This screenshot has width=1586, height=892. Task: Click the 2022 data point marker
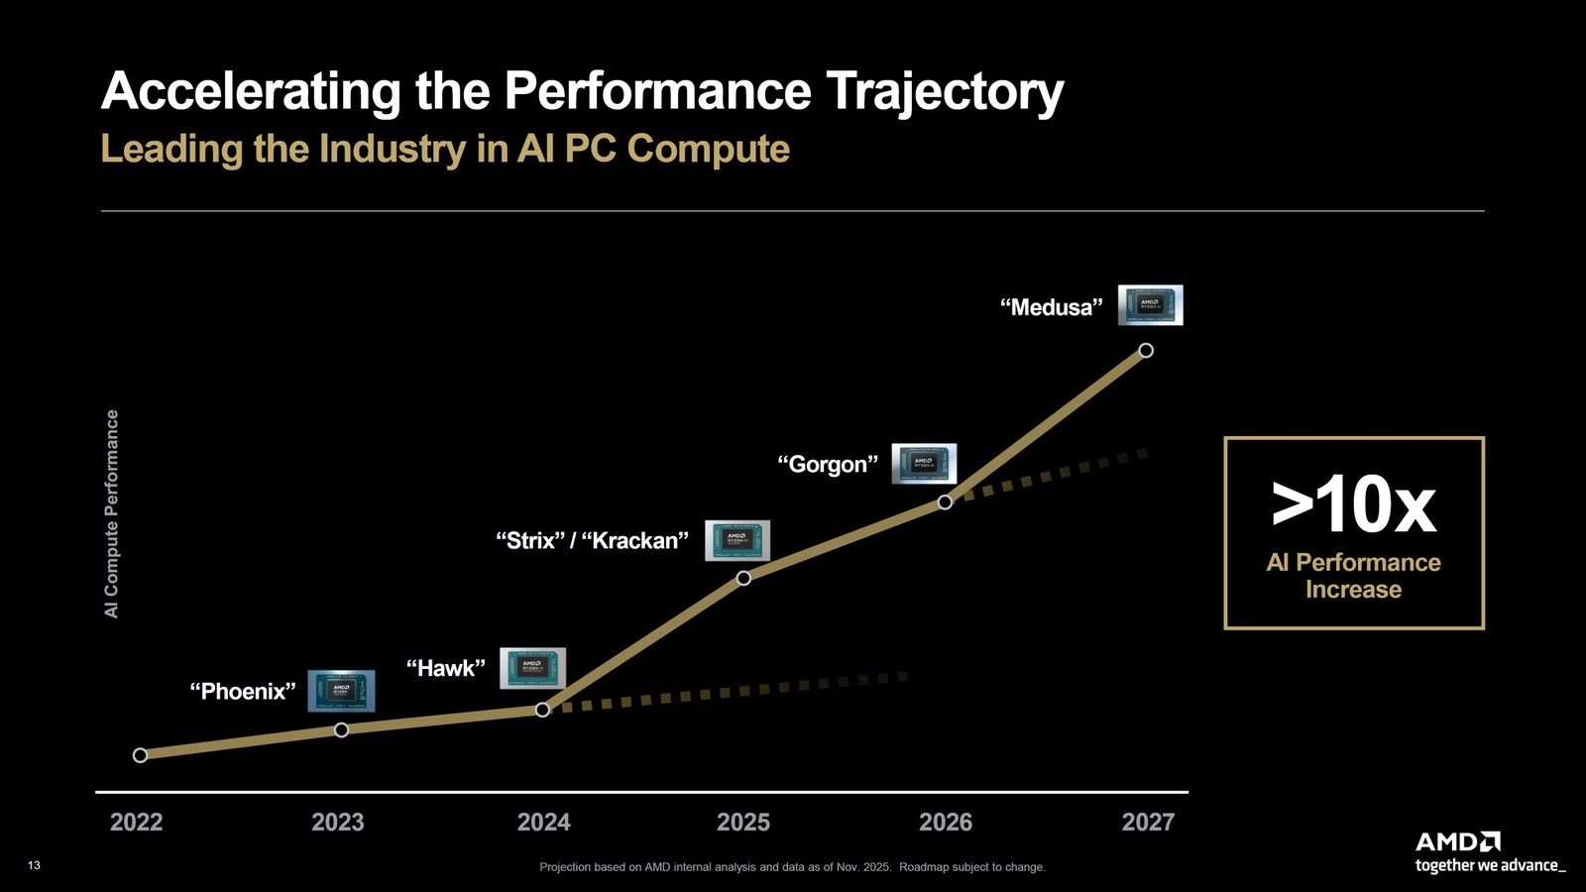click(x=140, y=755)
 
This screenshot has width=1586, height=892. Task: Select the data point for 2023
click(x=341, y=730)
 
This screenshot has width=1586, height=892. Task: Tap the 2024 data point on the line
click(x=542, y=710)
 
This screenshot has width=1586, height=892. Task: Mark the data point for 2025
click(x=743, y=578)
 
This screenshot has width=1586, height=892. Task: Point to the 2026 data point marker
click(x=945, y=502)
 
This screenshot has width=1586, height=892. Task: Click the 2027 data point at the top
click(x=1146, y=351)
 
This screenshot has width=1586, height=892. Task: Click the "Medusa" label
click(x=1051, y=307)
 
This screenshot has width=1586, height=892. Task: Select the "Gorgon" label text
click(x=828, y=464)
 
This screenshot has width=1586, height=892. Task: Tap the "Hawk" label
click(x=446, y=668)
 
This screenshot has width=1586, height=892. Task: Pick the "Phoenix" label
click(x=243, y=691)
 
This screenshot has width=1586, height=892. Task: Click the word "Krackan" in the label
click(x=635, y=540)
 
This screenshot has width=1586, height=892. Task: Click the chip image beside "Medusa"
click(x=1150, y=305)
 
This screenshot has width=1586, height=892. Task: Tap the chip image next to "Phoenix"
click(x=341, y=691)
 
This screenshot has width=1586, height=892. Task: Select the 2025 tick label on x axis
click(x=743, y=822)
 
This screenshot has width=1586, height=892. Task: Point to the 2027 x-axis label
click(x=1148, y=822)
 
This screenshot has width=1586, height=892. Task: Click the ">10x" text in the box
click(x=1354, y=505)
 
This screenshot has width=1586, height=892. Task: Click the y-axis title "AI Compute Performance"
click(x=112, y=513)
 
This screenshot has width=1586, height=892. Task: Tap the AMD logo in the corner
click(x=1458, y=842)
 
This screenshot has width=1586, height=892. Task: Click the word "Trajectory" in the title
click(x=945, y=91)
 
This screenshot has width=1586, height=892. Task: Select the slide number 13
click(x=34, y=865)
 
